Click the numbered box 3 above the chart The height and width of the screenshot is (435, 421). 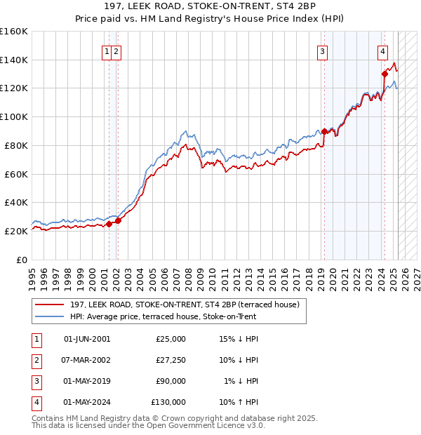322,51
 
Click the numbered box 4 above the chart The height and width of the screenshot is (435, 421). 383,51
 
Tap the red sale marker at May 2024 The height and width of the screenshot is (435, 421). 385,74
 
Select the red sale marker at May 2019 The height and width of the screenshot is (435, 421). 324,131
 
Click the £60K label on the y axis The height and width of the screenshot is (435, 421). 16,174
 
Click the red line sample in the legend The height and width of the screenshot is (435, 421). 48,304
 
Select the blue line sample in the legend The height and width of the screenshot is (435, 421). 48,316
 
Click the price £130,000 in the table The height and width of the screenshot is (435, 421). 168,403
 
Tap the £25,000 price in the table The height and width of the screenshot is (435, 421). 171,339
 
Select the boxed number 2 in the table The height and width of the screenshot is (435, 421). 35,360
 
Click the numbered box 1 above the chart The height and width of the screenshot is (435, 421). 107,51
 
